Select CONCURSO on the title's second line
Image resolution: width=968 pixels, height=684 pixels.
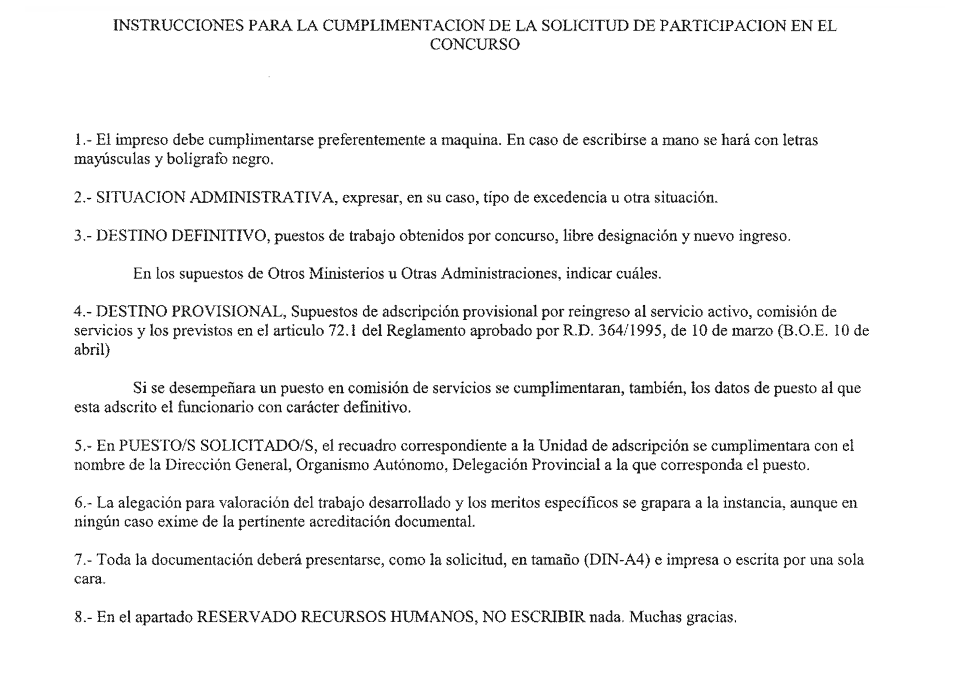474,45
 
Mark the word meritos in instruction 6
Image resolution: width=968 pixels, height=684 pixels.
515,503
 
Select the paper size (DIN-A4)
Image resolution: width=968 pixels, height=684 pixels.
617,560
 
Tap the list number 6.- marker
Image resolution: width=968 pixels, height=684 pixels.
83,503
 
